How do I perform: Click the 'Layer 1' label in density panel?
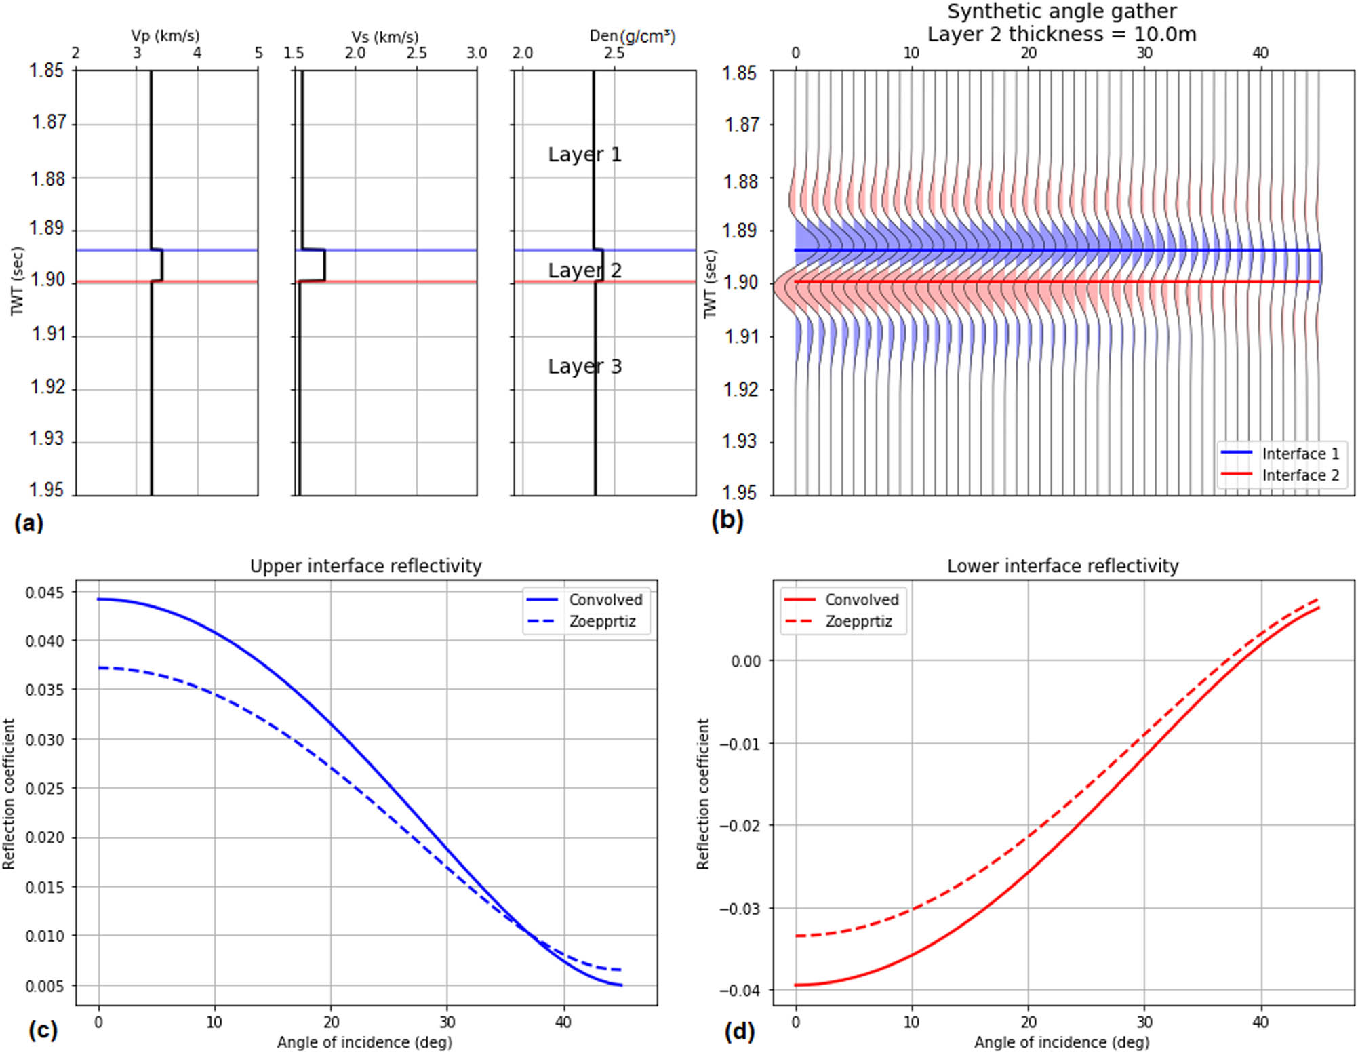click(584, 155)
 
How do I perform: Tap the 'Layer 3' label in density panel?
click(584, 367)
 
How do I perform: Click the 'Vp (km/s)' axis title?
click(165, 36)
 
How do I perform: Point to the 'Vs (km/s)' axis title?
click(384, 37)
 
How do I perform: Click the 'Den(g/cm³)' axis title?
click(632, 36)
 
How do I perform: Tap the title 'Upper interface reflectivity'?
click(365, 566)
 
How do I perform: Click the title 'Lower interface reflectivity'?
click(1062, 566)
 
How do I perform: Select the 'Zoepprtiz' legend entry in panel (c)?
click(602, 622)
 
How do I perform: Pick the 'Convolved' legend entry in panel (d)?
click(861, 600)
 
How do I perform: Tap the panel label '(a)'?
click(28, 523)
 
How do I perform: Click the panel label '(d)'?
click(739, 1031)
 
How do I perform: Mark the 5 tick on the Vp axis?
click(258, 53)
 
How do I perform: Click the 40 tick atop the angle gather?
click(1260, 53)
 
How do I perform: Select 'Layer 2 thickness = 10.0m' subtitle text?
click(1062, 34)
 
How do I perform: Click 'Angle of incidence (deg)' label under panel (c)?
click(364, 1042)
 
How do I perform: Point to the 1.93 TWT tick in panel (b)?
click(740, 441)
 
